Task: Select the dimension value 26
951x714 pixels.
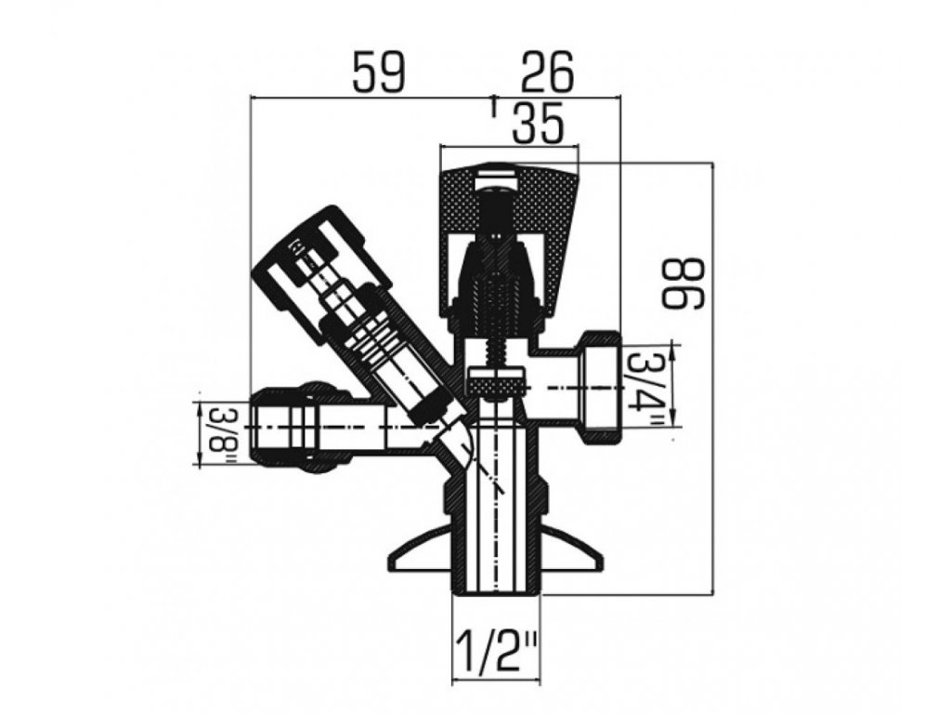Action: coord(547,71)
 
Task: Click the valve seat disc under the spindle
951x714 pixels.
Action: coord(497,382)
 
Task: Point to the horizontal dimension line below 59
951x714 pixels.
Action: coord(371,96)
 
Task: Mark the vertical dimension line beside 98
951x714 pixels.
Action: coord(712,372)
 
